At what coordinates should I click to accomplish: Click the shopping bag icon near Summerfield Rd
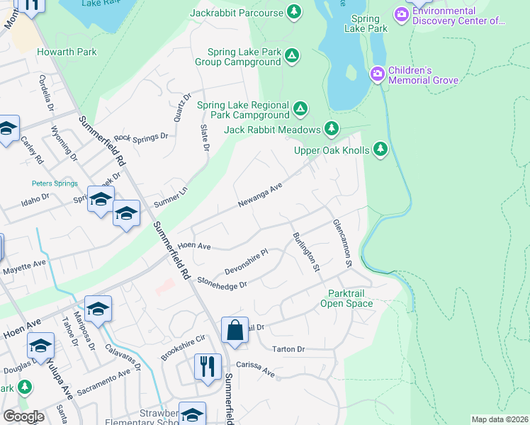coord(235,330)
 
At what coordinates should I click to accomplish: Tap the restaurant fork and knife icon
coord(208,367)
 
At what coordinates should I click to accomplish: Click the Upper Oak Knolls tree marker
coord(381,149)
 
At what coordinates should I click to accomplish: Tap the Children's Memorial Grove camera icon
coord(378,74)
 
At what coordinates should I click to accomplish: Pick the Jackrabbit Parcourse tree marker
coord(293,12)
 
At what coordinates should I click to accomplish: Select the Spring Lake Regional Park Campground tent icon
coord(300,108)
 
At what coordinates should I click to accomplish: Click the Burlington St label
coord(306,251)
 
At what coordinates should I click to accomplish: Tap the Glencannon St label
coord(342,242)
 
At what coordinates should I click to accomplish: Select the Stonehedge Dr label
coord(222,282)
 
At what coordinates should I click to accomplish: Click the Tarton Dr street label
coord(288,349)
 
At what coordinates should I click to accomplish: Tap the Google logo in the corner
coord(23,416)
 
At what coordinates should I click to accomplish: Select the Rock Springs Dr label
coord(140,136)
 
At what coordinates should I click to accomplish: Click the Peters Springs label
coord(55,183)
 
